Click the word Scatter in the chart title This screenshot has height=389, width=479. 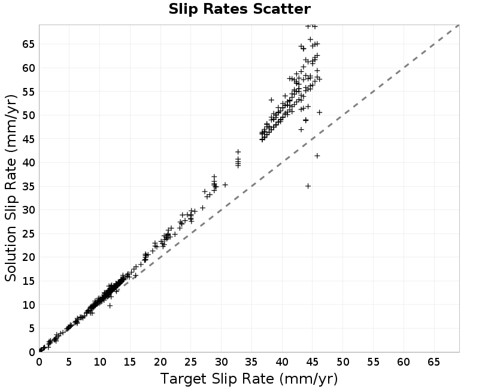tap(282, 9)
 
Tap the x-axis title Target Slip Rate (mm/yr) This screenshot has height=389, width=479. tap(249, 379)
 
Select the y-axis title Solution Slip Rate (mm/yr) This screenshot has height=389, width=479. tap(11, 188)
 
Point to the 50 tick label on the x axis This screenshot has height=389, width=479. tap(343, 362)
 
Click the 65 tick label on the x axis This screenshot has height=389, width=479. tap(434, 362)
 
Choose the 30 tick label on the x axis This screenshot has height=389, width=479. tap(222, 362)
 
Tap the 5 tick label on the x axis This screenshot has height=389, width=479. tap(69, 362)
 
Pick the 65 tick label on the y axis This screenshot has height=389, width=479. tap(29, 44)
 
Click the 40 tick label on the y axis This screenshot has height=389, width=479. tap(29, 162)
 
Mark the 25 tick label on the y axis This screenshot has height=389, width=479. tap(29, 234)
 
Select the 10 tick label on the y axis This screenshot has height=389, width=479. tap(29, 305)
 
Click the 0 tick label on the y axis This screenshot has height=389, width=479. tap(32, 352)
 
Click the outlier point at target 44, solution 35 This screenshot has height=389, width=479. tap(308, 186)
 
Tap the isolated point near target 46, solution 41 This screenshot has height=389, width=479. tap(317, 156)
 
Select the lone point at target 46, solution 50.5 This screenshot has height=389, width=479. tap(320, 113)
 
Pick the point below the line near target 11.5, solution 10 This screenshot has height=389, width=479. tap(110, 305)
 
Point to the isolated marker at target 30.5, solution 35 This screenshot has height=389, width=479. tap(225, 185)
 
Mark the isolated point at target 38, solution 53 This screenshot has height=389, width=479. tap(271, 100)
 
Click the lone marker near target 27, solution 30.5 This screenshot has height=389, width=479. tap(202, 208)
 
